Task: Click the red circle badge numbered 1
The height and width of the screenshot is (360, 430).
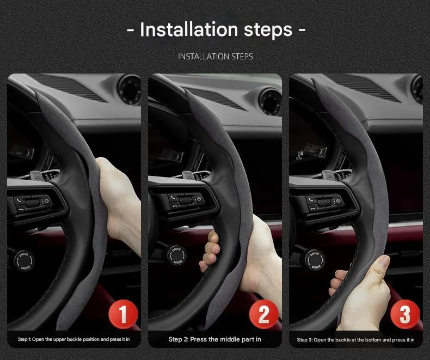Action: pos(122,314)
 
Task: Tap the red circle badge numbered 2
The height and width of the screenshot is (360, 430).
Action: pos(263,314)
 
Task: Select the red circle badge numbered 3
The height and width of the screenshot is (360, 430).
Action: pos(406,314)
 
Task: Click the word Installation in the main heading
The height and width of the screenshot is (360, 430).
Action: pos(189,29)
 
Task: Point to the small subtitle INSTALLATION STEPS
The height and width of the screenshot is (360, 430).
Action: pos(215,57)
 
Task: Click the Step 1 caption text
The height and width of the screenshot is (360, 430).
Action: pos(73,339)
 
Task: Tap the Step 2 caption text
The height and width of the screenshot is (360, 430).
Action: pos(214,339)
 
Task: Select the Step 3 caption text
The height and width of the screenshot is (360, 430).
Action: pos(355,339)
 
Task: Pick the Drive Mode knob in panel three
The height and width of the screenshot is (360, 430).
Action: pos(315,256)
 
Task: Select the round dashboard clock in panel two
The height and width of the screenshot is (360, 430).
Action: pos(269,100)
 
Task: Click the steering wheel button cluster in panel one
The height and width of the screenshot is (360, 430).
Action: pos(33,204)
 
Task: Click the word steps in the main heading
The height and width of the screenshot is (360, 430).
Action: pos(267,29)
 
